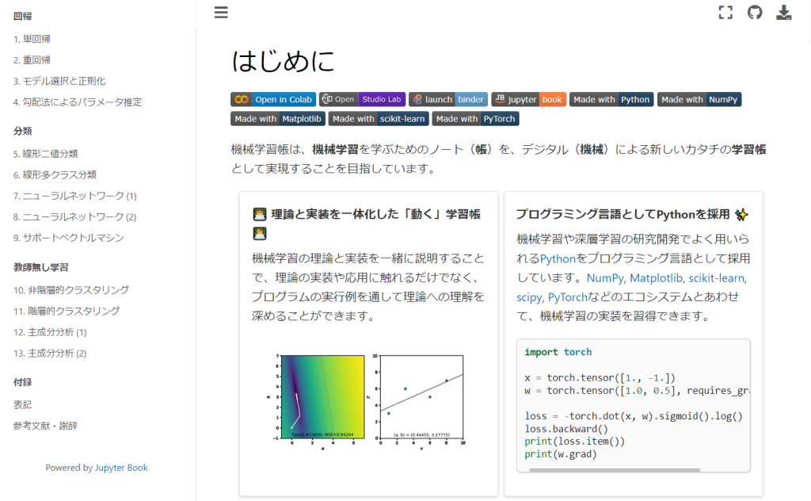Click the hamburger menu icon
click(221, 12)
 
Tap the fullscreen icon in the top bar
click(725, 12)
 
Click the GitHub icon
click(755, 12)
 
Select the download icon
click(784, 12)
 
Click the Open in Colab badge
click(273, 99)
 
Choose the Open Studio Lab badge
click(362, 99)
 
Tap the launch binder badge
click(447, 99)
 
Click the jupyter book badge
click(528, 99)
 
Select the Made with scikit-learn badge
click(379, 119)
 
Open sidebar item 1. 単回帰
click(32, 39)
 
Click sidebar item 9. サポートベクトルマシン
click(68, 238)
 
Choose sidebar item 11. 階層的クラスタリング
click(67, 311)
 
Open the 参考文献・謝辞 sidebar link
click(45, 426)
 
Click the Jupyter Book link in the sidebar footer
click(121, 468)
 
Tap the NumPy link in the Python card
click(605, 278)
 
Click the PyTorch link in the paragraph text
click(567, 297)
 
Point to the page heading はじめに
click(283, 61)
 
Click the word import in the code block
click(542, 352)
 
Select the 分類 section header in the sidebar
click(23, 131)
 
